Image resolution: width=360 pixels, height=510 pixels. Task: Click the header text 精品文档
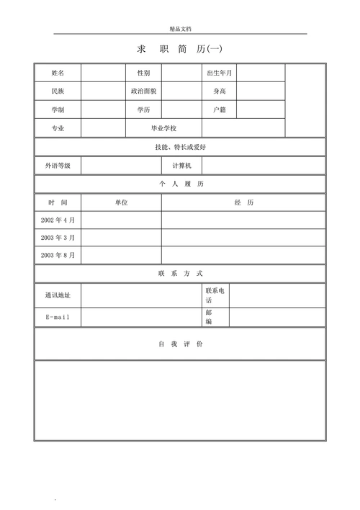click(x=181, y=29)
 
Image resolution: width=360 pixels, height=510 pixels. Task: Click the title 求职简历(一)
click(x=180, y=49)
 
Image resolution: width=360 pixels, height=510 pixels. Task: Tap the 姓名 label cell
click(x=58, y=73)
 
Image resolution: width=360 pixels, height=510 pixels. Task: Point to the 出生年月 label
click(x=220, y=73)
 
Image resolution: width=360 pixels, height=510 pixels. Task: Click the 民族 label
click(x=58, y=91)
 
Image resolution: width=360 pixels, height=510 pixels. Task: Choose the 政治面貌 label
click(x=143, y=91)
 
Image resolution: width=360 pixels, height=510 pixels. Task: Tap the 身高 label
click(x=220, y=91)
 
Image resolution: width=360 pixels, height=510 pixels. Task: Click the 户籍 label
click(x=220, y=110)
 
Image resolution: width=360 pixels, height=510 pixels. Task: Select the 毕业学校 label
click(x=163, y=128)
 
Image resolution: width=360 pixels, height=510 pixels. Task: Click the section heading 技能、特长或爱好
click(x=180, y=147)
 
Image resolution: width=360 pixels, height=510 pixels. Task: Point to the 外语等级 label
click(x=58, y=166)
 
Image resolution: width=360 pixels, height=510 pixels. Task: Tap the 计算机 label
click(x=181, y=166)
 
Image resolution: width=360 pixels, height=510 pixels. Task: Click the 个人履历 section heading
click(x=181, y=184)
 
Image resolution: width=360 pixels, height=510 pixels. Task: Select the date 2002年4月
click(x=58, y=220)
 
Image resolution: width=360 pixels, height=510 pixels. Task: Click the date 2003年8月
click(x=58, y=255)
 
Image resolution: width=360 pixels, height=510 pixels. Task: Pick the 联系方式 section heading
click(x=181, y=274)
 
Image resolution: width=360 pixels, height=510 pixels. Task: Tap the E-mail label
click(x=58, y=318)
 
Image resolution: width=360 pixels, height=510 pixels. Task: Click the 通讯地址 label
click(x=58, y=295)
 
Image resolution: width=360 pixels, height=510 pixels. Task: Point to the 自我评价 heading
click(x=181, y=344)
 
